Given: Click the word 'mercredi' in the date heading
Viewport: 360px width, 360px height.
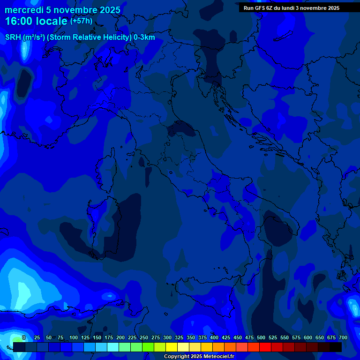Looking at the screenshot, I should (24, 10).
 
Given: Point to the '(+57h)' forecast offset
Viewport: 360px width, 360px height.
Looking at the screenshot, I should (81, 21).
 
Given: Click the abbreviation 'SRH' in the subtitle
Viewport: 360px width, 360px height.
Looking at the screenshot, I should (13, 37).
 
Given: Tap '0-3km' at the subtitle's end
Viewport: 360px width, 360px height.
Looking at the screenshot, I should (144, 37).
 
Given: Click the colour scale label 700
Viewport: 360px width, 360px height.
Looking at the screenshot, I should (343, 337).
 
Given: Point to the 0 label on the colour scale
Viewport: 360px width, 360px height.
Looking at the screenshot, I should (24, 337).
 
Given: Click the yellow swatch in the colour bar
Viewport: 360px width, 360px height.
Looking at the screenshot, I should (172, 347).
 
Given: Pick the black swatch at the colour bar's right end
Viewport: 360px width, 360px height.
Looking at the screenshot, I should (336, 347).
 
